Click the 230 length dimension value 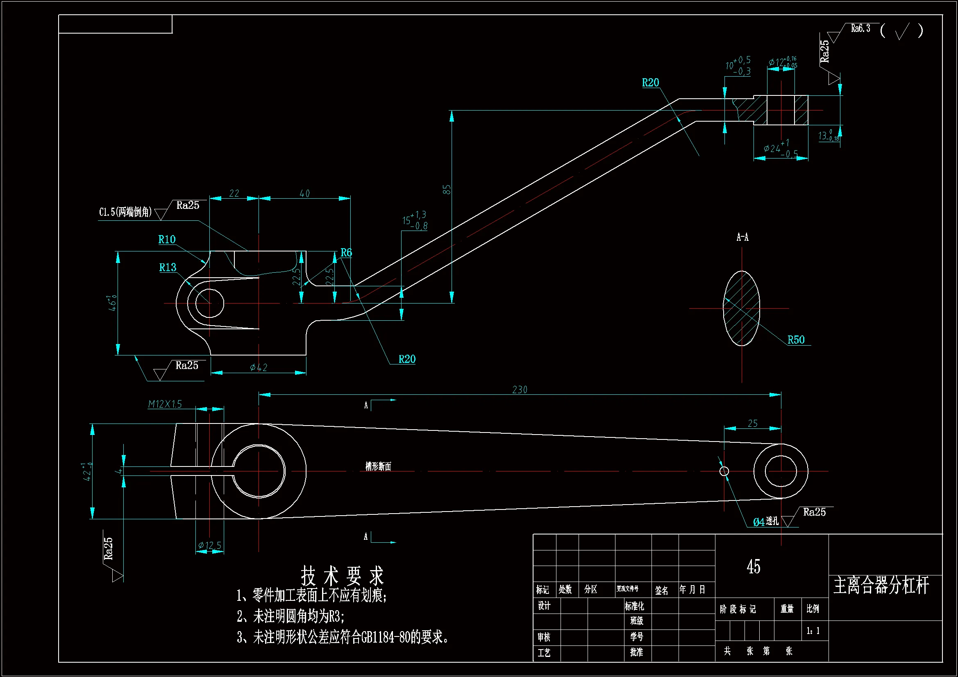(x=520, y=389)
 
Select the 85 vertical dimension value (x=447, y=189)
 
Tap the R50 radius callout (x=796, y=340)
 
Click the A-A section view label (x=742, y=238)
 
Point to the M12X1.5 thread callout (x=165, y=404)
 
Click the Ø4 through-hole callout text (x=765, y=521)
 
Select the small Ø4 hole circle (x=724, y=471)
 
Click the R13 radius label (x=168, y=267)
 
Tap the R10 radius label (x=167, y=240)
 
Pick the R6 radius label (x=346, y=252)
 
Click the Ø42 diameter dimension (x=258, y=367)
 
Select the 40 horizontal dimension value (x=304, y=194)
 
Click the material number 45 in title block (x=753, y=566)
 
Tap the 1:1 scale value (x=813, y=630)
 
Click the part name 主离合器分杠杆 (x=881, y=585)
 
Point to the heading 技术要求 (x=342, y=576)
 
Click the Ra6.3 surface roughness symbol (x=860, y=28)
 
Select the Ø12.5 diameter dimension (x=209, y=545)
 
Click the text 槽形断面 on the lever (x=378, y=466)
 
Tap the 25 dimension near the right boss (x=752, y=423)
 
